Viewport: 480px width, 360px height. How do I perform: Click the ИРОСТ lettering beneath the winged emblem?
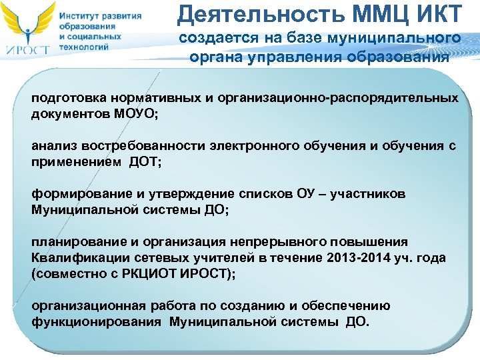point(27,49)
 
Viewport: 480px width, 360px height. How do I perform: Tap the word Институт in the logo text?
point(79,16)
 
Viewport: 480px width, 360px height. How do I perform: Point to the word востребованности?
point(132,147)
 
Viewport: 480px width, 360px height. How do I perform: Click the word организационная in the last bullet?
point(80,305)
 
